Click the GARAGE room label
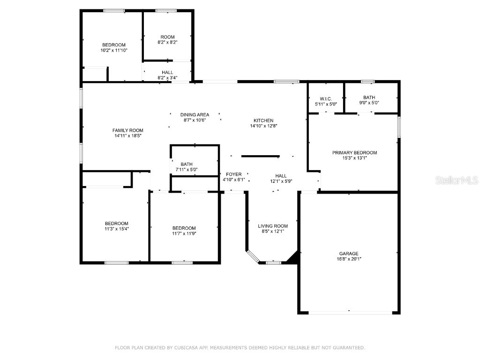[349, 254]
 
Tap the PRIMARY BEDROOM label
[354, 152]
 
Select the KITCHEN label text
[263, 120]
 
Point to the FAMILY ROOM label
[127, 130]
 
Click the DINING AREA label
[195, 114]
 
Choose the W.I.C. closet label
[326, 98]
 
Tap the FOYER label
[233, 174]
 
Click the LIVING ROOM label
[273, 226]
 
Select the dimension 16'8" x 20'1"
[349, 259]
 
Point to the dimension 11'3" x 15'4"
[117, 229]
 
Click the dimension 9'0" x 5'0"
[369, 103]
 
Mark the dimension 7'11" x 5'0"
[187, 170]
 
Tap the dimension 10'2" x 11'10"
[114, 50]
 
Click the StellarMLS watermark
[457, 180]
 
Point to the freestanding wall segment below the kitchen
[261, 157]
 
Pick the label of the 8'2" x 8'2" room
[167, 37]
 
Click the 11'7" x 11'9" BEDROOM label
[184, 228]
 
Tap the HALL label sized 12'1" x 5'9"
[281, 176]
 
